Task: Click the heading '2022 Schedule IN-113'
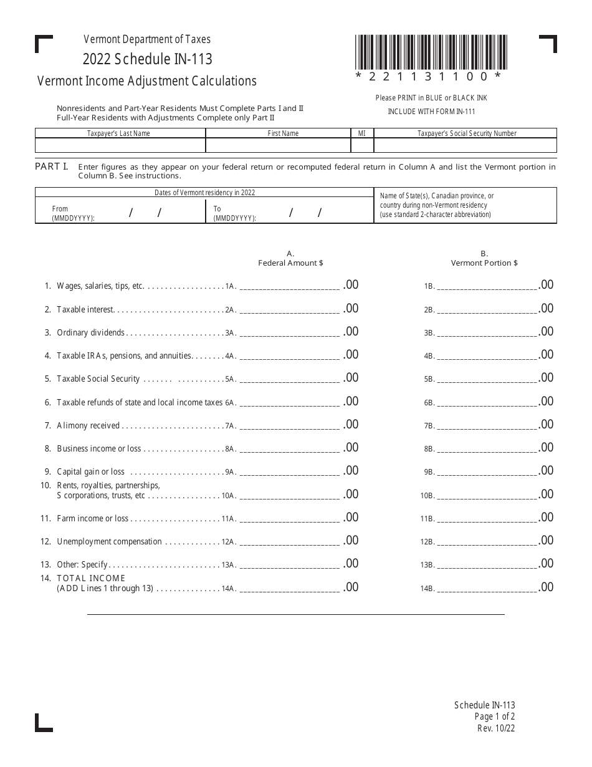148,59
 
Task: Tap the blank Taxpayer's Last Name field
120,145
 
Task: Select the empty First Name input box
278,145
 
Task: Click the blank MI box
362,145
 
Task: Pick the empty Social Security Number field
465,145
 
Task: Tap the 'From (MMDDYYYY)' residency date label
74,213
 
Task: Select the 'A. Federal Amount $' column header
290,259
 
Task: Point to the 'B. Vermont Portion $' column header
484,259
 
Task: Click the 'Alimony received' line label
88,426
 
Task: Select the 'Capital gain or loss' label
90,472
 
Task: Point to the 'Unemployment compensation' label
109,542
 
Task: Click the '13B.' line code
429,566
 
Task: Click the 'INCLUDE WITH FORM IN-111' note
431,112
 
